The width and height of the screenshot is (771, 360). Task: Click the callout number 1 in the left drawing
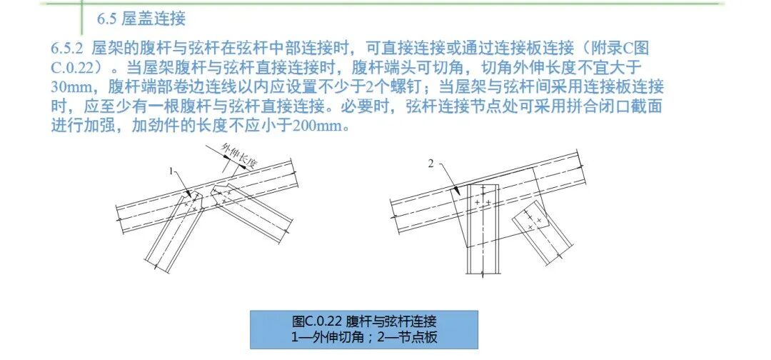click(x=171, y=171)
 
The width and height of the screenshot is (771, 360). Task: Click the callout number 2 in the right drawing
click(x=430, y=164)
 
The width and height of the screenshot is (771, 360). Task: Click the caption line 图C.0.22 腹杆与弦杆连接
click(x=364, y=321)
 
